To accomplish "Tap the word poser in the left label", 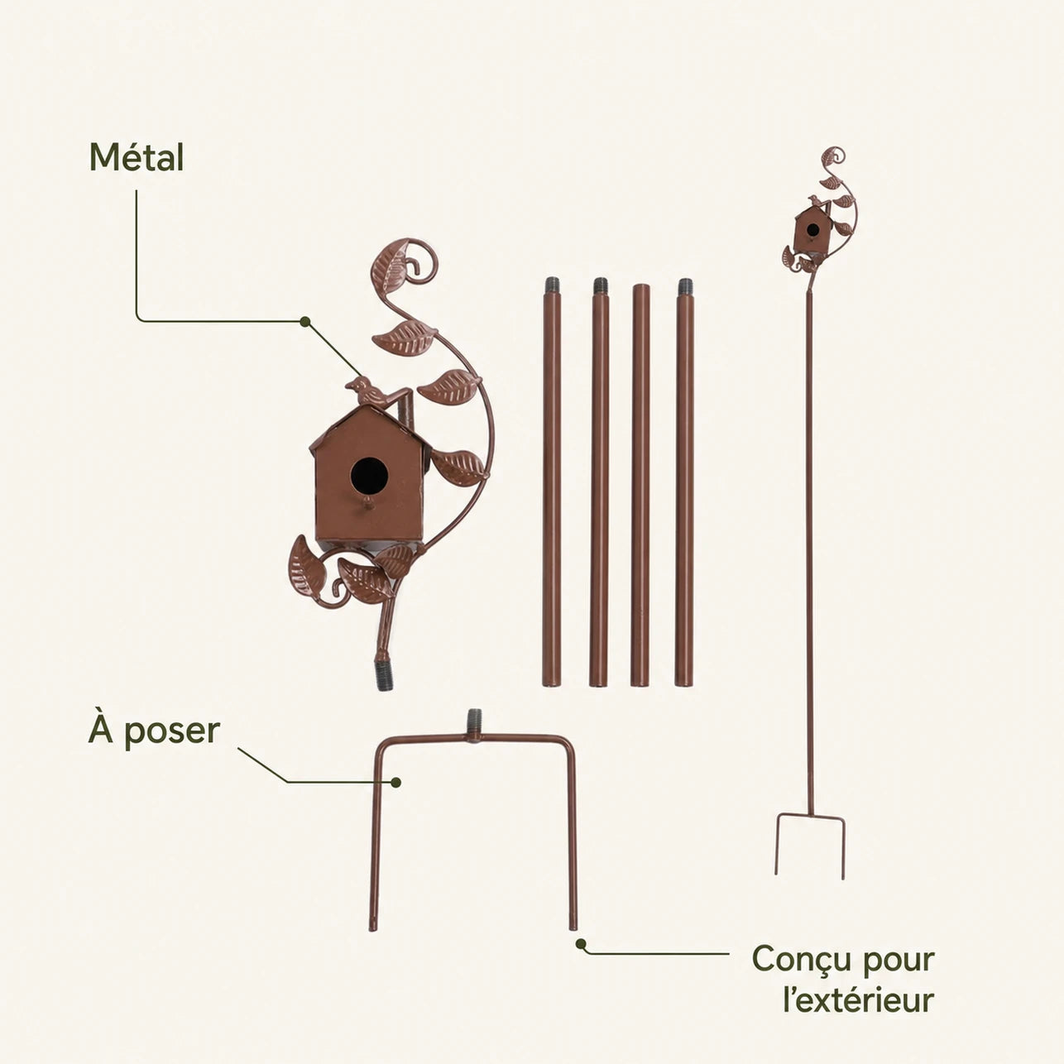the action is click(x=172, y=733).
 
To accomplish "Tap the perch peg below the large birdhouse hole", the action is click(x=366, y=502).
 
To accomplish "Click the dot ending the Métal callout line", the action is click(x=304, y=321).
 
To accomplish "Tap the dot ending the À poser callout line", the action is click(x=395, y=782).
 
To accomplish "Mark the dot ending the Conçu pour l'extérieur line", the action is click(x=580, y=944).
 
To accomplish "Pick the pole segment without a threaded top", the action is click(x=640, y=486).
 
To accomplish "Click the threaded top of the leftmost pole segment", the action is click(x=552, y=287).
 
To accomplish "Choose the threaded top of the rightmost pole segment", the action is click(x=685, y=287).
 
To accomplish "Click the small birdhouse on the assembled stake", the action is click(x=811, y=229).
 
